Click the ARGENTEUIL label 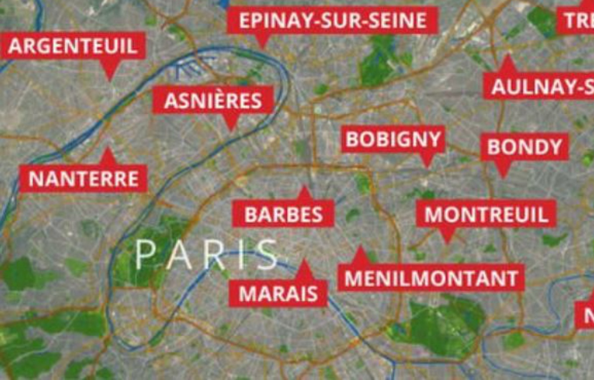coord(73,46)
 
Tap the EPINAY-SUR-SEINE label coord(333,20)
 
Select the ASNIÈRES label coord(213,100)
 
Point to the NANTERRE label coord(83,179)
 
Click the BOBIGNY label coord(393,140)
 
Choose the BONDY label coord(525,147)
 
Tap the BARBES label coord(283,214)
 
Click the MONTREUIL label coord(486,214)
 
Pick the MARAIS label coord(278,293)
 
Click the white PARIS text coord(207,255)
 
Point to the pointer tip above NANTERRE coord(108,149)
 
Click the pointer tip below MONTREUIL coord(447,243)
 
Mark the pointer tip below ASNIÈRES coord(231,130)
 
